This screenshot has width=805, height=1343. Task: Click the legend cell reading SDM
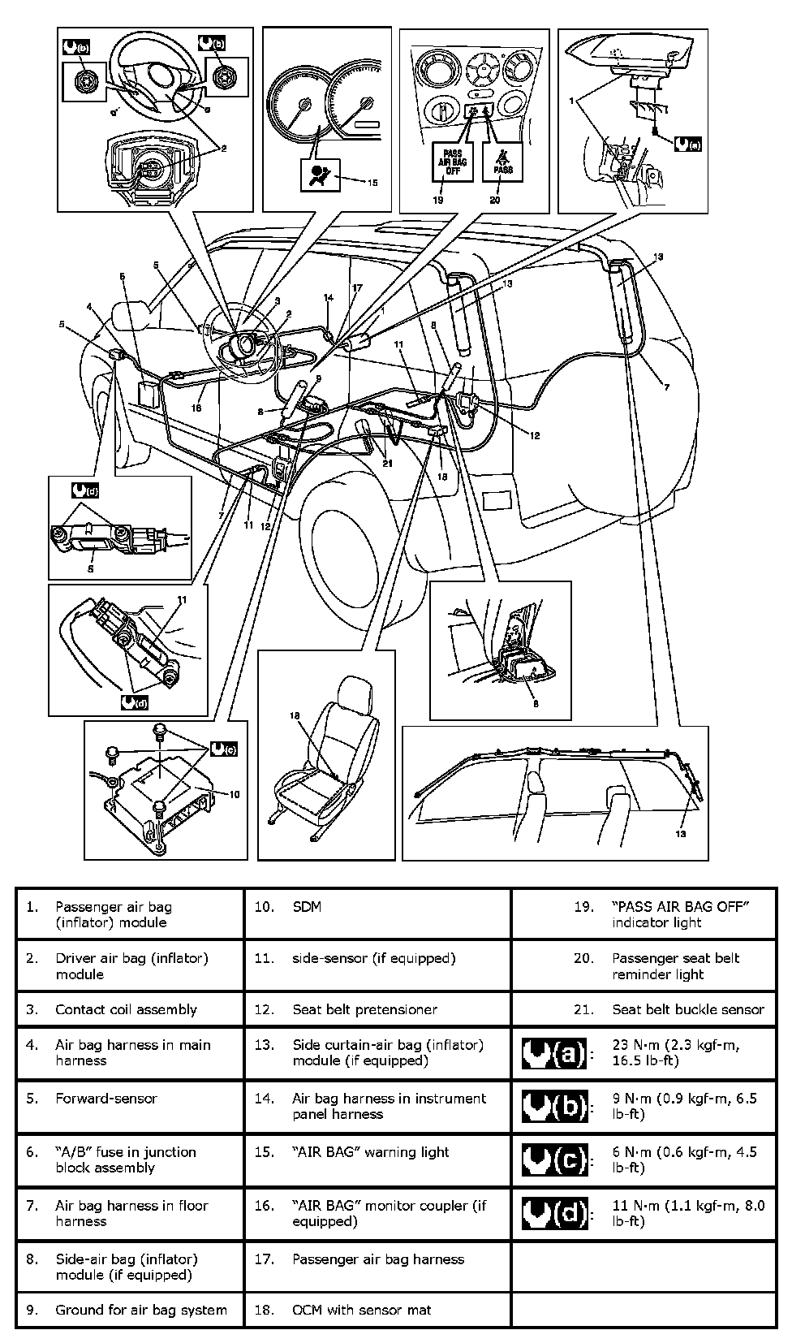(x=307, y=907)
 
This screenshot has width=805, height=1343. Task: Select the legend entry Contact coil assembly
(x=126, y=1009)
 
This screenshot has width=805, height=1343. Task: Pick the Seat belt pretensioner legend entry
(x=364, y=1009)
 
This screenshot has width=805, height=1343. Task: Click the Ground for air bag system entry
(x=140, y=1310)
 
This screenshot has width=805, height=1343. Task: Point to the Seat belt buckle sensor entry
(x=687, y=1009)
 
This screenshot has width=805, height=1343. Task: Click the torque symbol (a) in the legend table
(x=554, y=1054)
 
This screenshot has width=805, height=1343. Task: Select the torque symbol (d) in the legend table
(x=554, y=1213)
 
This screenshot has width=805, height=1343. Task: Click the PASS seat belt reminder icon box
(x=503, y=162)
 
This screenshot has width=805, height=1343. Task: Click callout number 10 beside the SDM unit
(x=234, y=794)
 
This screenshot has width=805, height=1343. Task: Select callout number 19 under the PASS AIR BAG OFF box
(x=438, y=199)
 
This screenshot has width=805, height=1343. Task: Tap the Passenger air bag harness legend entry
(x=378, y=1259)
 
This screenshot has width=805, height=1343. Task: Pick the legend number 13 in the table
(x=264, y=1045)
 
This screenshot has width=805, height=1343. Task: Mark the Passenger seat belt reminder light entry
(x=675, y=966)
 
